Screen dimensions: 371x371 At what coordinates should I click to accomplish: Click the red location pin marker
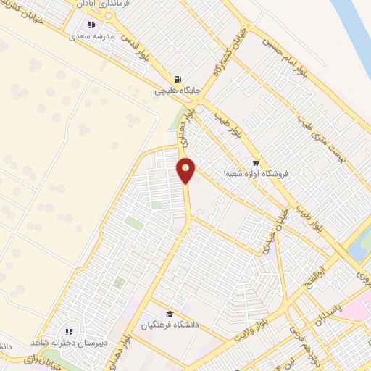pos(186,170)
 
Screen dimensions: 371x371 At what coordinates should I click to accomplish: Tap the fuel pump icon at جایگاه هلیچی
pos(177,79)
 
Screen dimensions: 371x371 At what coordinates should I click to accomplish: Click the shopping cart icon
pos(255,162)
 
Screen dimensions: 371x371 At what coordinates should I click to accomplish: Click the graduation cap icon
pos(169,314)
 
